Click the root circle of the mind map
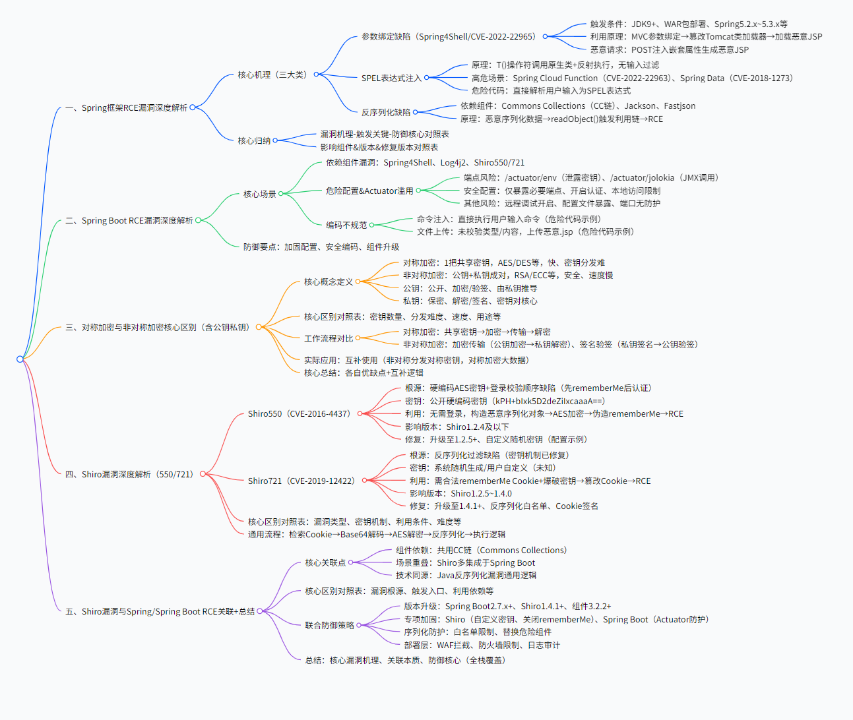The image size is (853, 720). [20, 359]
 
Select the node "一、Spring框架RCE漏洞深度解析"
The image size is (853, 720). [126, 107]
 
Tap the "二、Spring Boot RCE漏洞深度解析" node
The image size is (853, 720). [129, 220]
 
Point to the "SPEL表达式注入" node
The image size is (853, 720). [391, 78]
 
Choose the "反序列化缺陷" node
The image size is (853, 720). [386, 112]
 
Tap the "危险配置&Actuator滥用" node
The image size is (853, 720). [369, 191]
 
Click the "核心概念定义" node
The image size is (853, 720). [329, 282]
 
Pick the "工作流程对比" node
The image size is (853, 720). [329, 338]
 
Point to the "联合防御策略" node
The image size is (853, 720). [330, 625]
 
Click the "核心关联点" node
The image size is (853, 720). [325, 562]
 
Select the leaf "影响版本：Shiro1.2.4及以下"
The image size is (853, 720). [457, 427]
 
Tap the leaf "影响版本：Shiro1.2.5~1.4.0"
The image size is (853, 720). [460, 493]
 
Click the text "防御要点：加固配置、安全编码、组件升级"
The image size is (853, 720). [321, 247]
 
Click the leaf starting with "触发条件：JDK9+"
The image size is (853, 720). [689, 24]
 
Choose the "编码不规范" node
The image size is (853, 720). [346, 225]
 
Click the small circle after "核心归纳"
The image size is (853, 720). [275, 140]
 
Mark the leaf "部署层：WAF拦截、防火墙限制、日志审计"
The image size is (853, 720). [482, 645]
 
